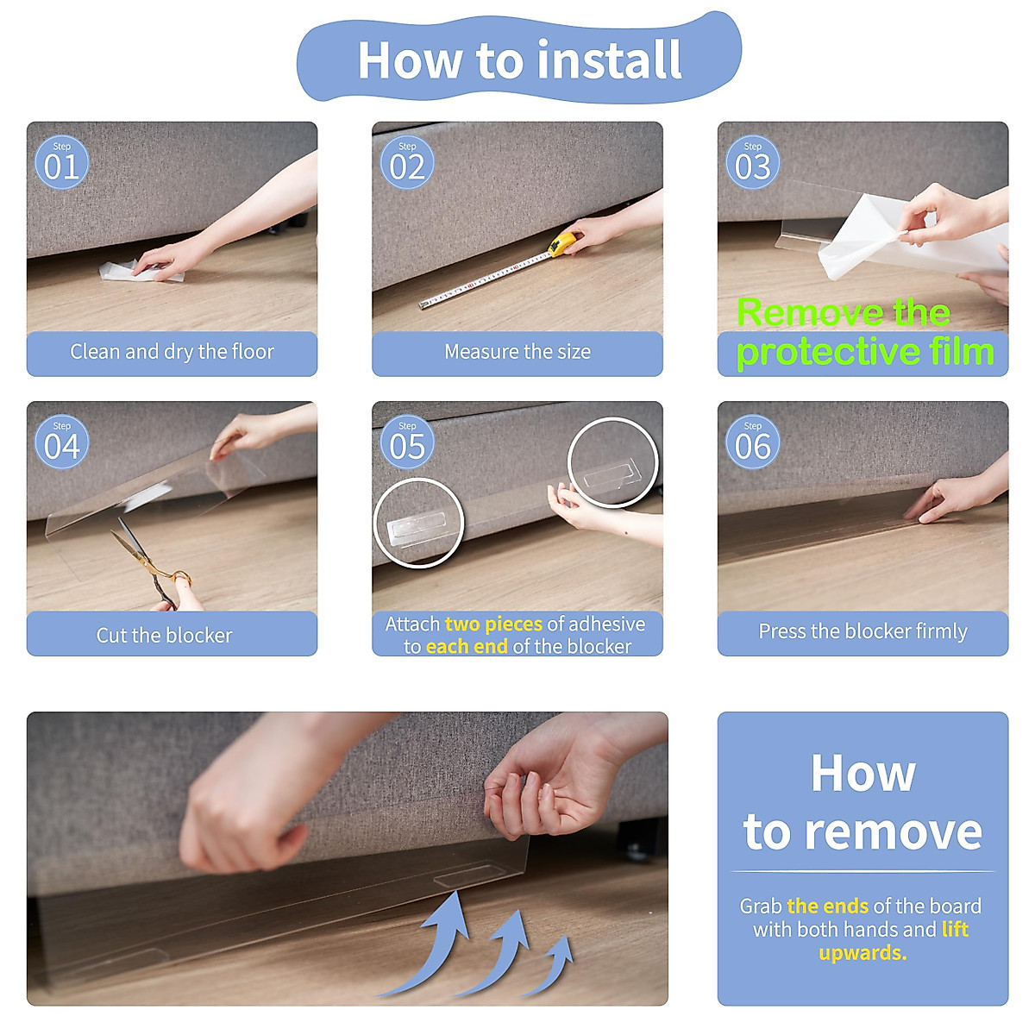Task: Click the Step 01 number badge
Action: [62, 161]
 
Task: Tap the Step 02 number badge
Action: [407, 161]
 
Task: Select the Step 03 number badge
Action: [752, 161]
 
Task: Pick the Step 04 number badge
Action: [62, 442]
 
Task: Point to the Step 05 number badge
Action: [407, 442]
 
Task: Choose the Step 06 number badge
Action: [752, 442]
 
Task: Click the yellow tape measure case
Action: [561, 243]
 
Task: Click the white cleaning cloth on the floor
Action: [141, 271]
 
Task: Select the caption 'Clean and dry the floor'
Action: [172, 352]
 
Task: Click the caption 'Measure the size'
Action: [517, 352]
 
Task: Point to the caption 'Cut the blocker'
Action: [164, 636]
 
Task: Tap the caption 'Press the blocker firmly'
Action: [862, 631]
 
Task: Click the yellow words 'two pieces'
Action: [493, 624]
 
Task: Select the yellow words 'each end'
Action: [467, 646]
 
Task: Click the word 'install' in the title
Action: [609, 60]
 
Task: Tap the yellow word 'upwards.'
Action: [862, 953]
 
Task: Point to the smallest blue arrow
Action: [550, 965]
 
